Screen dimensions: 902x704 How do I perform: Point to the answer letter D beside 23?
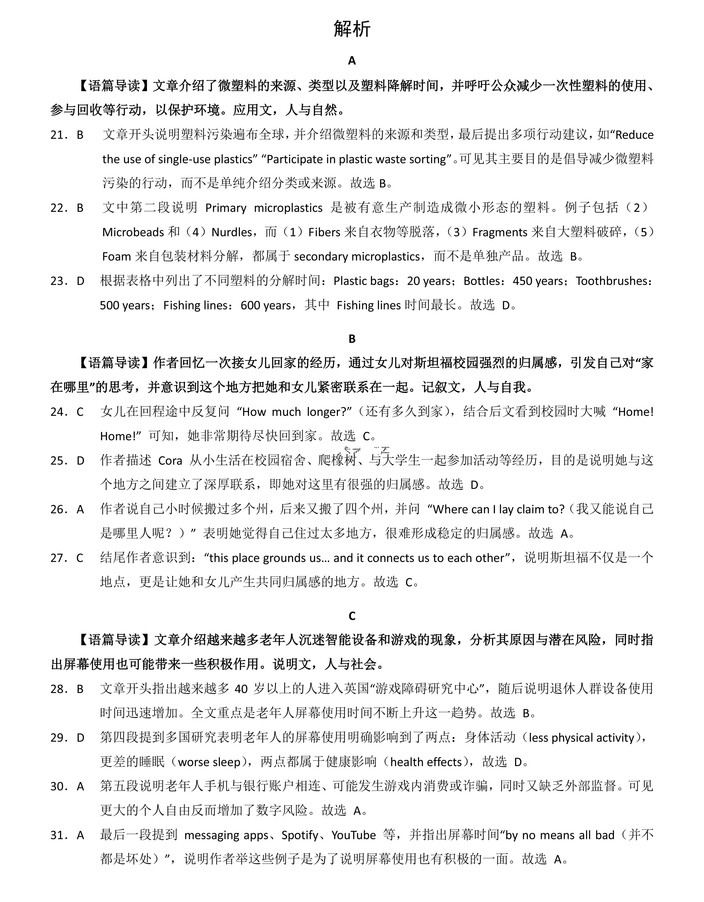(80, 281)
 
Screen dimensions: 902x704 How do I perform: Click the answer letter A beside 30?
(80, 787)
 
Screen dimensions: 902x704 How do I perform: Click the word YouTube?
(354, 836)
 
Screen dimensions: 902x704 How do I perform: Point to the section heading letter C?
(352, 616)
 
